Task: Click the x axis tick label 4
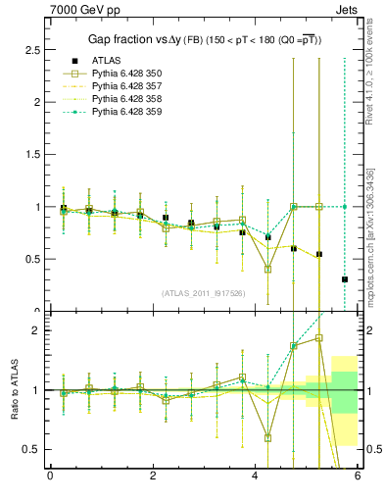(x=255, y=477)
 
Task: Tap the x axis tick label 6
(x=358, y=477)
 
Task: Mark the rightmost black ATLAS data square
(x=345, y=279)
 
